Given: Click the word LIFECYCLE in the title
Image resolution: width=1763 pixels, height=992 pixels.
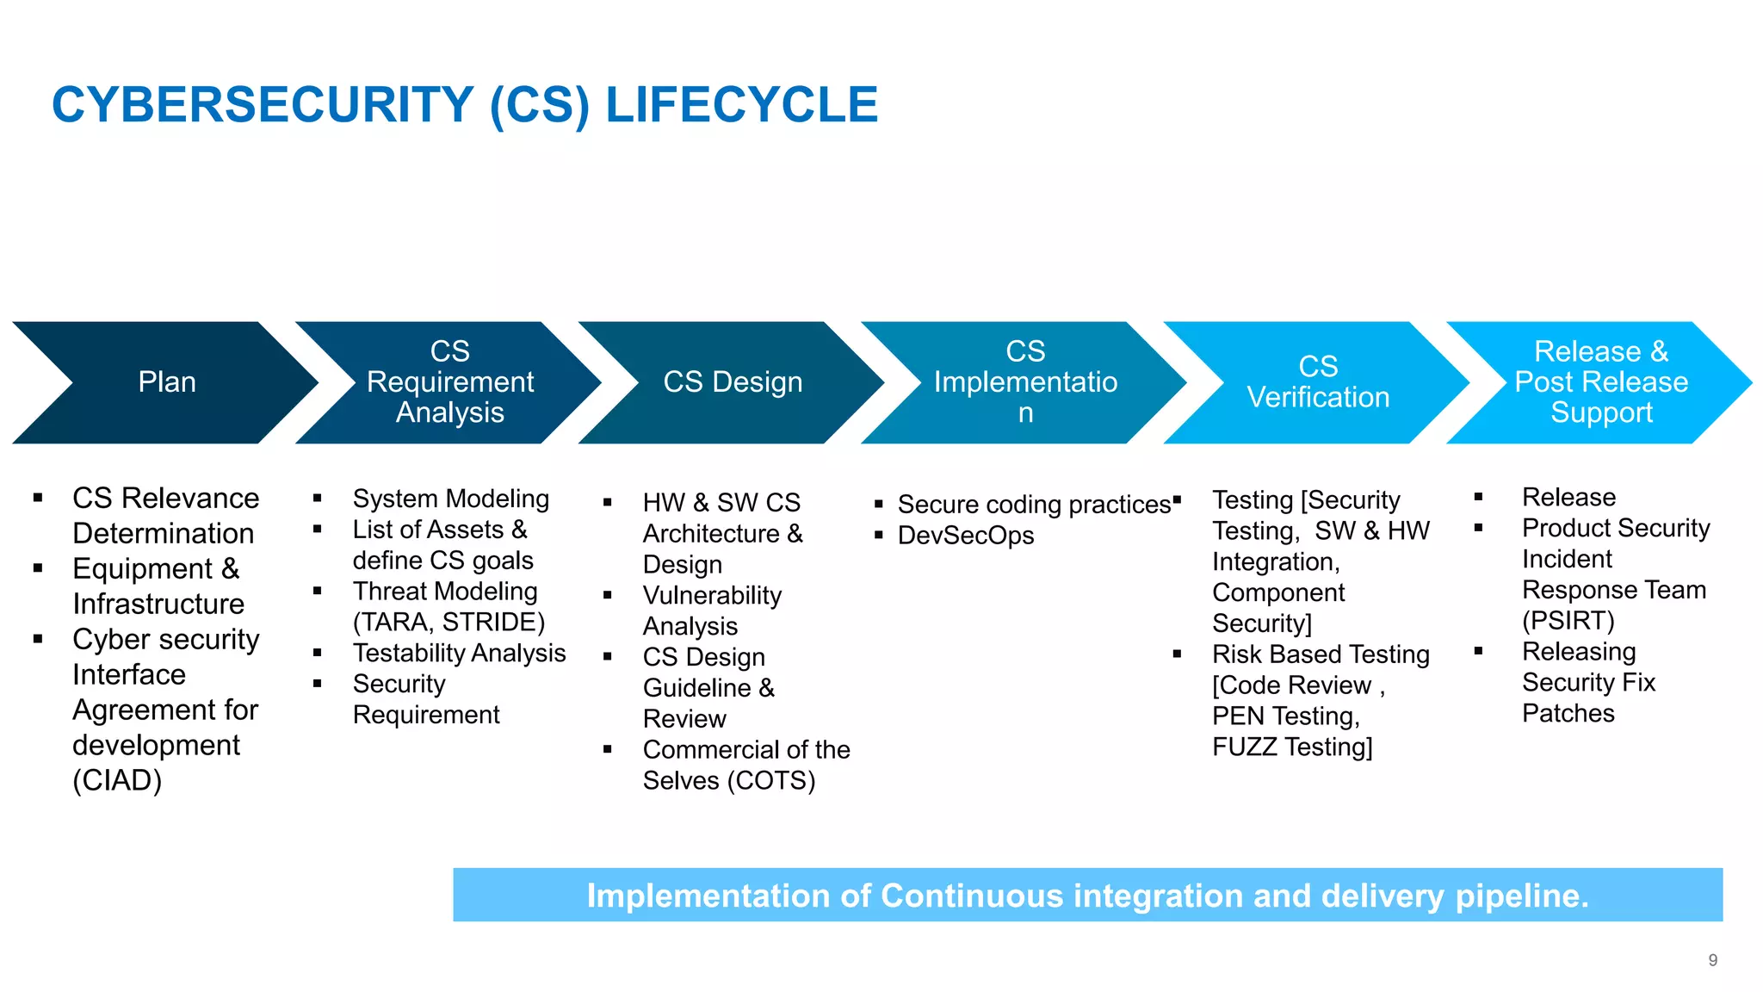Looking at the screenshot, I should point(741,105).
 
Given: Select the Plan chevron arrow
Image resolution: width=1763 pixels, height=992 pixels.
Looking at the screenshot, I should point(167,382).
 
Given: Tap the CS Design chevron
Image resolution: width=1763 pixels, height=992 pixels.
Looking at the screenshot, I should point(733,382).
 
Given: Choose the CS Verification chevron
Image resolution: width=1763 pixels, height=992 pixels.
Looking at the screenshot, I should point(1318,382).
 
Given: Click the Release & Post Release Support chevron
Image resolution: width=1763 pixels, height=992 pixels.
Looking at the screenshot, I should point(1601,382).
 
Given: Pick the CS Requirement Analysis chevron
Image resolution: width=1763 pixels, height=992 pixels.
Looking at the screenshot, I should point(449,382).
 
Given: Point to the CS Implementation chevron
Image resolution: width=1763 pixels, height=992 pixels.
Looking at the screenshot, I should point(1025,382).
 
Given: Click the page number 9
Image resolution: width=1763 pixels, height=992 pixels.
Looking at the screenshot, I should point(1712,960).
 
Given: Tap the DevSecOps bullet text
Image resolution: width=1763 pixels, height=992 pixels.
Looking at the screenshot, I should point(966,536).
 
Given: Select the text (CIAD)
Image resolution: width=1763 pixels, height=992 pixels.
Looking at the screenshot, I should point(117,781).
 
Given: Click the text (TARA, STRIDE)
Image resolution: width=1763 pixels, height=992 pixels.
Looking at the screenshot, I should point(448,623).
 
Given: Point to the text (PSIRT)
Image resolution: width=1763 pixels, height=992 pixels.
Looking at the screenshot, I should point(1568,621).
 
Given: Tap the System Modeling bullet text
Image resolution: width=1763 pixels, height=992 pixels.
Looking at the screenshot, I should point(450,499).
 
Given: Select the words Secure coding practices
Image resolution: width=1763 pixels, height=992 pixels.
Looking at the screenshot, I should point(1034,505).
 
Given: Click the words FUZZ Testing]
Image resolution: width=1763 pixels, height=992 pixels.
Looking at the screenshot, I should point(1292,747).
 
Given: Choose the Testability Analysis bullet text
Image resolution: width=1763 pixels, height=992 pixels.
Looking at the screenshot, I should point(459,654).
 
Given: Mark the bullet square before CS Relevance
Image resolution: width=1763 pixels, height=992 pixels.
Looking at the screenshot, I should point(38,498).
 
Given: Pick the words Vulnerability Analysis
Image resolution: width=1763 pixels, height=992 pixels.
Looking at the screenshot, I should point(711,611).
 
